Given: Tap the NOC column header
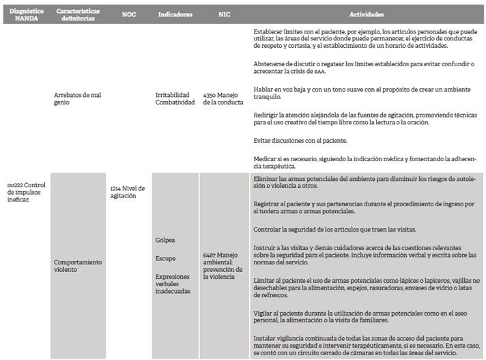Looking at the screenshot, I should (128, 14).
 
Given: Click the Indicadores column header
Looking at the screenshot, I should (175, 14).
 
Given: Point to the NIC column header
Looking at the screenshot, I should (224, 14).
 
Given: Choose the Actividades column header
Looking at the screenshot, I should (366, 14).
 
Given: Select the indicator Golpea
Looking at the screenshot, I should (165, 240).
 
